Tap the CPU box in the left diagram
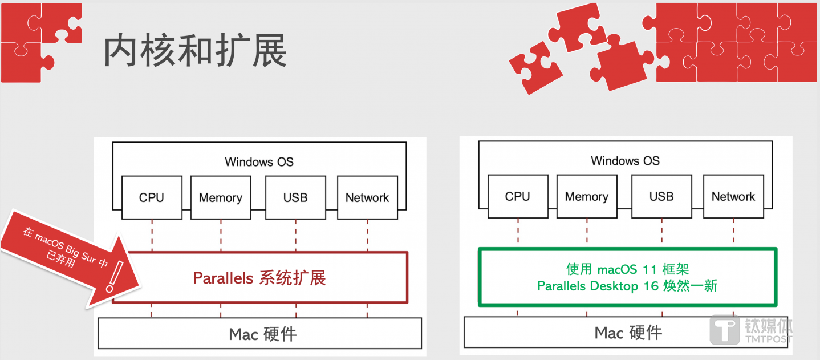tap(152, 197)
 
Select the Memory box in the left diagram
tap(220, 197)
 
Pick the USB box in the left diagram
tap(295, 197)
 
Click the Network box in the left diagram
tap(367, 197)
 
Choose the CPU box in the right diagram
tap(518, 196)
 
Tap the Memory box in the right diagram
tap(586, 196)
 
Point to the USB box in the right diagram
tap(661, 196)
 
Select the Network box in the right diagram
tap(733, 196)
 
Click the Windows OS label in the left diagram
tap(259, 161)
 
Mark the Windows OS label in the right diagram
tap(625, 160)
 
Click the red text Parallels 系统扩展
tap(259, 278)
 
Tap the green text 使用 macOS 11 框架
tap(627, 269)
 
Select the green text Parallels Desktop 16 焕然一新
tap(627, 286)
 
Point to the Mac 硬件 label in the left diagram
tap(263, 334)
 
